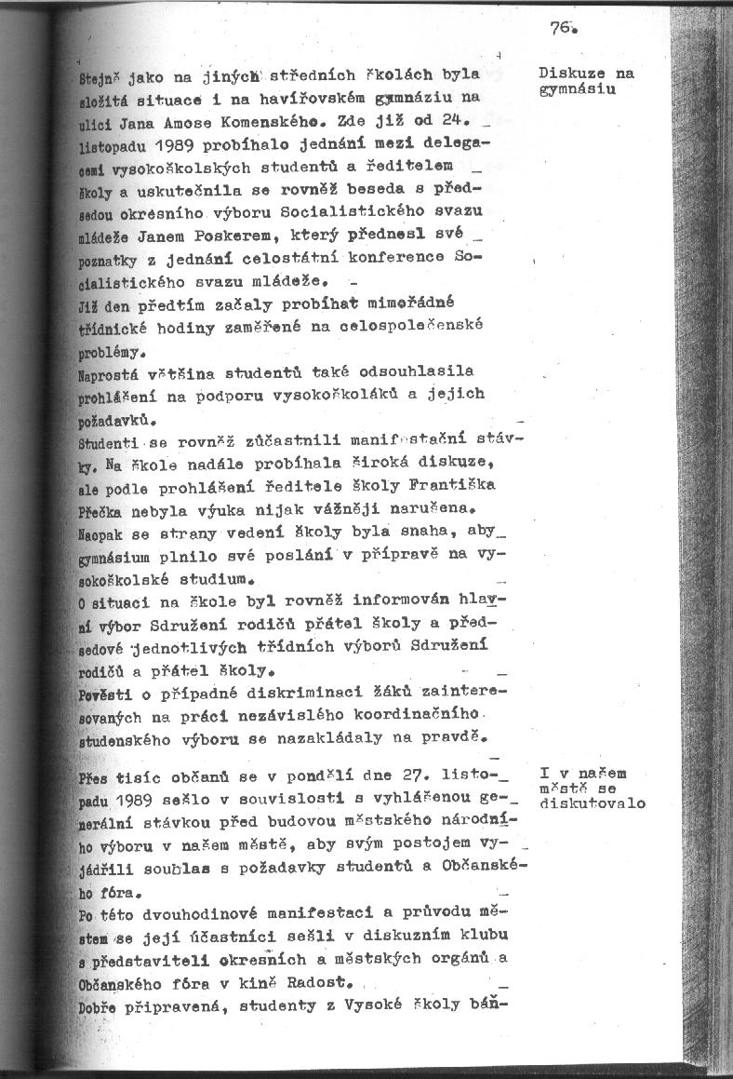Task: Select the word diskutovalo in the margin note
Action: click(593, 803)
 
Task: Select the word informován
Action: click(411, 600)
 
